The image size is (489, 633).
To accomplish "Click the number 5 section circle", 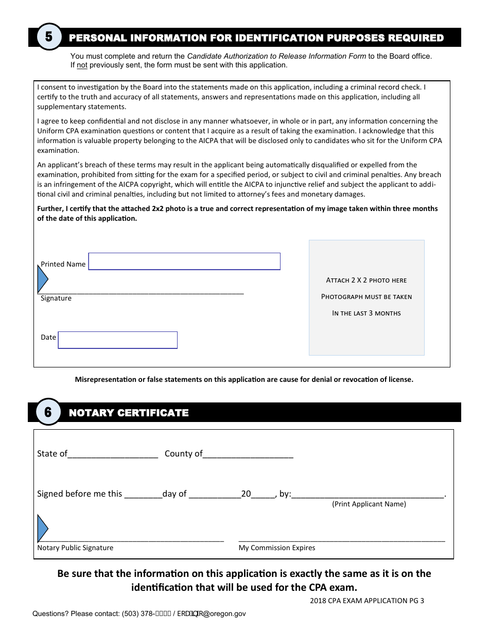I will pyautogui.click(x=49, y=37).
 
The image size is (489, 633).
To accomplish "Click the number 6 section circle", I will pyautogui.click(x=48, y=412).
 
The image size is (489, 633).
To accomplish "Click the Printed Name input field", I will pyautogui.click(x=184, y=261).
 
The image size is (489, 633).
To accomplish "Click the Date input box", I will pyautogui.click(x=118, y=340).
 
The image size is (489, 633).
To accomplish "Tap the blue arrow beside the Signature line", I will pyautogui.click(x=43, y=279).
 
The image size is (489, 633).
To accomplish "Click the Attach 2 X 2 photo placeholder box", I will pyautogui.click(x=366, y=297).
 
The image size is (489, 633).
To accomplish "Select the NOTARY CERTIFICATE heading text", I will pyautogui.click(x=129, y=413).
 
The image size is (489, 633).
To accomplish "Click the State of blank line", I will pyautogui.click(x=113, y=454).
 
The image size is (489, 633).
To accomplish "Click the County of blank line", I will pyautogui.click(x=248, y=454).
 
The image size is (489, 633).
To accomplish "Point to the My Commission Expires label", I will pyautogui.click(x=277, y=548).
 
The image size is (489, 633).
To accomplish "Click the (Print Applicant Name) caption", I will pyautogui.click(x=369, y=504).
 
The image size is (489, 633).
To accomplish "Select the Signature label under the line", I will pyautogui.click(x=56, y=298).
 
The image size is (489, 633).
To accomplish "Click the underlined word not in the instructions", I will pyautogui.click(x=82, y=65).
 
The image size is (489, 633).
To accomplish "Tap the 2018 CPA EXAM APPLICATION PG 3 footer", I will pyautogui.click(x=367, y=601).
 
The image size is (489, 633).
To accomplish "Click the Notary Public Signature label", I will pyautogui.click(x=75, y=548).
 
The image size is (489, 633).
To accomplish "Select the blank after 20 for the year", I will pyautogui.click(x=263, y=495).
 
